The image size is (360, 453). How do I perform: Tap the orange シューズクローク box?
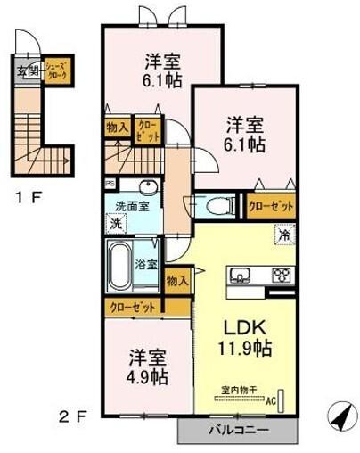point(60,70)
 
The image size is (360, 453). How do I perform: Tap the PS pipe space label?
point(110,185)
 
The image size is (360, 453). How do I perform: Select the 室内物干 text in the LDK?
point(239,390)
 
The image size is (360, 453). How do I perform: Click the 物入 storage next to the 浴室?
point(177,280)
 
